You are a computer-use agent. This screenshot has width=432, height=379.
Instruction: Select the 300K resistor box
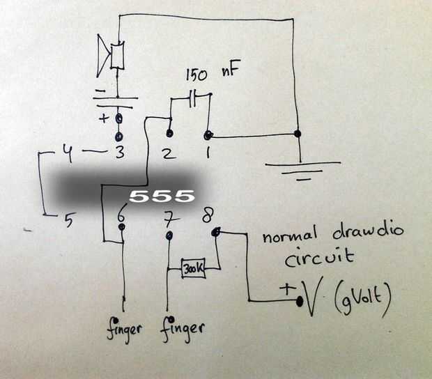[x=192, y=268]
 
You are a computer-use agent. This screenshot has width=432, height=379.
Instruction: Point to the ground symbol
[x=300, y=170]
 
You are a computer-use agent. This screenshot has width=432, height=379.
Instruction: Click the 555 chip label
[x=161, y=196]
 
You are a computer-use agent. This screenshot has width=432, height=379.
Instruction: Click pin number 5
[x=68, y=222]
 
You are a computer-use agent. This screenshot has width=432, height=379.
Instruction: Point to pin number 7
[x=167, y=218]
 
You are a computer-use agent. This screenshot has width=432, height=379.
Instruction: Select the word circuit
[x=319, y=259]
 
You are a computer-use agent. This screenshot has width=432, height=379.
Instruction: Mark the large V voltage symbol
[x=311, y=298]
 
